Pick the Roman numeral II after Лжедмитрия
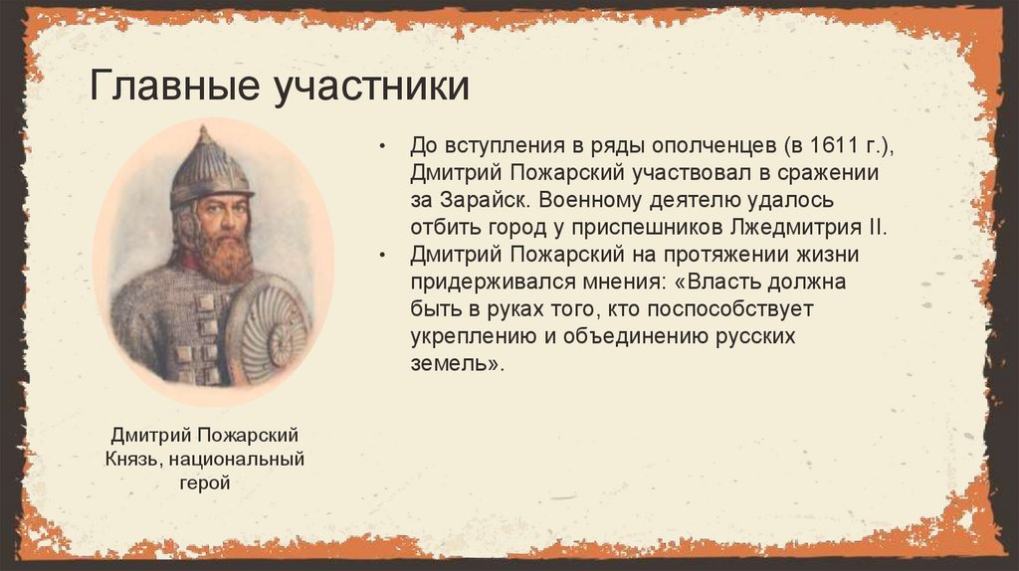coord(874,226)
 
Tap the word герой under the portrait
coord(206,483)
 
